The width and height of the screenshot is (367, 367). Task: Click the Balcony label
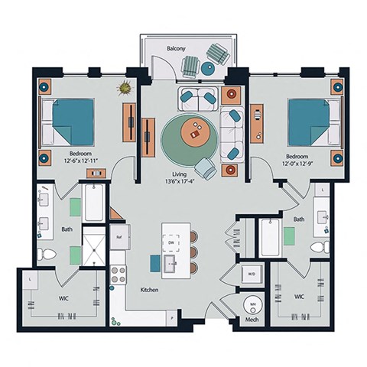click(x=177, y=49)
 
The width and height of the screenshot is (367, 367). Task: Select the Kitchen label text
click(x=149, y=291)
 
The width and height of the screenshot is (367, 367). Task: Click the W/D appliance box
click(x=251, y=273)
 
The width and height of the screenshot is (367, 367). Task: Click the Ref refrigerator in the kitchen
click(x=120, y=238)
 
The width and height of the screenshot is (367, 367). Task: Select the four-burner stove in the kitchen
click(x=119, y=274)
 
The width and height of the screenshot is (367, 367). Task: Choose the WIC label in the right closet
click(x=300, y=294)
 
